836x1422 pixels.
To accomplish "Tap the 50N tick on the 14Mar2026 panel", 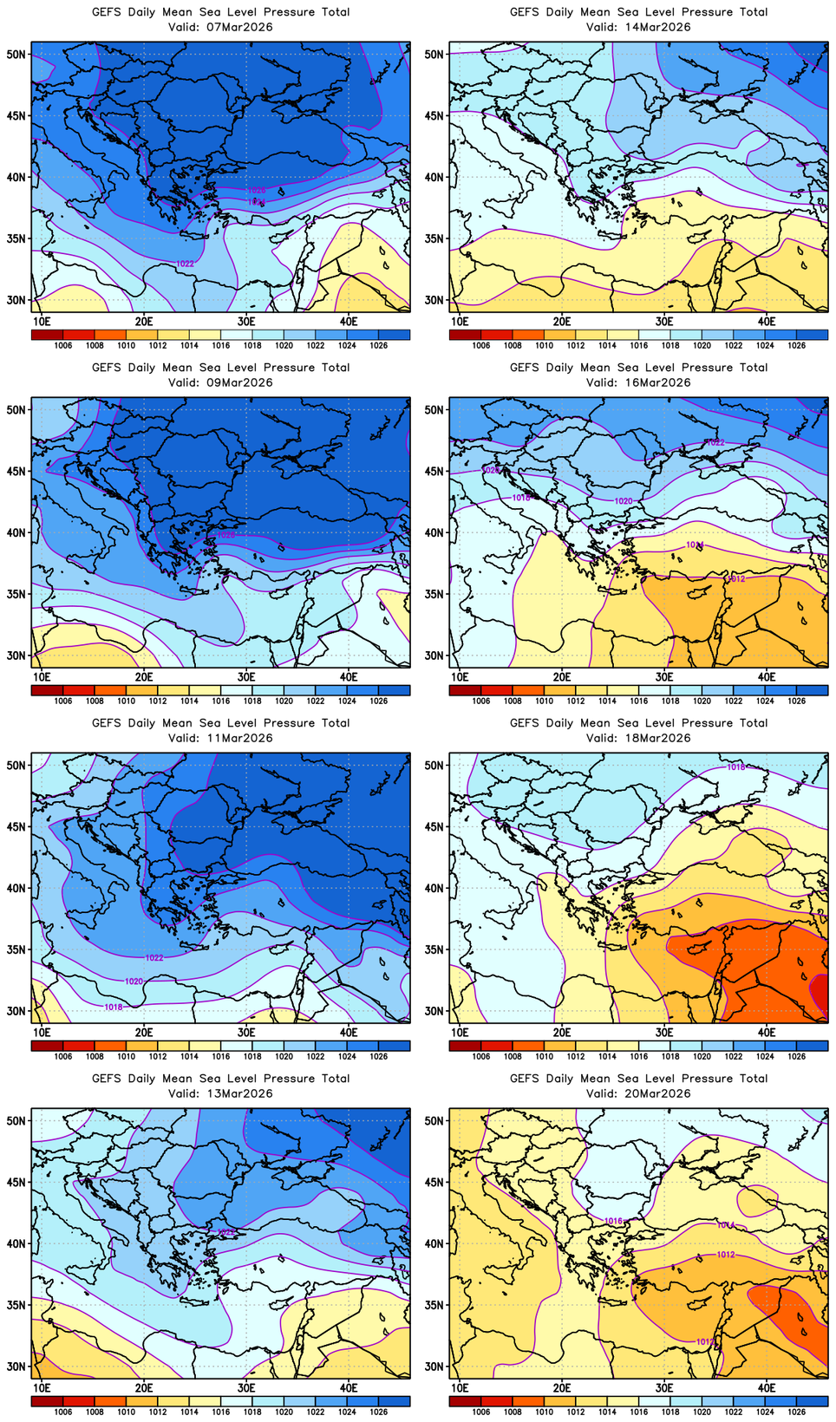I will click(x=434, y=54).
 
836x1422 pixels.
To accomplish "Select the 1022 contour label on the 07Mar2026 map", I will click(x=185, y=263).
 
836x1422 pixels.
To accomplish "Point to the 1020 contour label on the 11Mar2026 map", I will click(x=134, y=982).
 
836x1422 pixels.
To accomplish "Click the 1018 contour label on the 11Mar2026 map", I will click(x=114, y=1007).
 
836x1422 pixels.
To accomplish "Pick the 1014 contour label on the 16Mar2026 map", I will click(x=695, y=545).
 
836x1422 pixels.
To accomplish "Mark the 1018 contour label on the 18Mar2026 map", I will click(x=735, y=767).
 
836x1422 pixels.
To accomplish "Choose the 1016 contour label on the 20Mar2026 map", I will click(x=613, y=1221).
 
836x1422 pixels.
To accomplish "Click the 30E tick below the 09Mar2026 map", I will click(x=246, y=677).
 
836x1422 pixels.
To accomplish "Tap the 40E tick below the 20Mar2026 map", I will click(x=767, y=1388).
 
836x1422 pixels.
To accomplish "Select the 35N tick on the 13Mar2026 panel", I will click(x=16, y=1305).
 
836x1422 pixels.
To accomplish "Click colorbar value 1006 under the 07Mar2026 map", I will click(x=63, y=345).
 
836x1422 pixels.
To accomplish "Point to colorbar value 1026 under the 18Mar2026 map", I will click(x=796, y=1056).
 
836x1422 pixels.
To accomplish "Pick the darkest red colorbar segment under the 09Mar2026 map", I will click(x=47, y=690).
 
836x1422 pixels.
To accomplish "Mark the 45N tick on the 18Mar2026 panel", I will click(x=434, y=826).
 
